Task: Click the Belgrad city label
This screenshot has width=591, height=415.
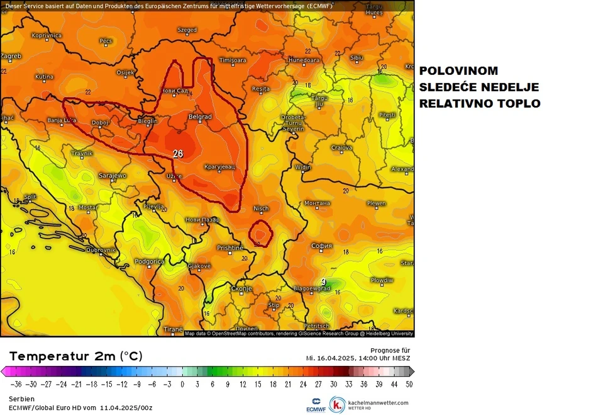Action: click(201, 117)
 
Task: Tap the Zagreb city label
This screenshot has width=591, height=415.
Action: click(11, 56)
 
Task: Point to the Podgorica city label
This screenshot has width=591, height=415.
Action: click(150, 261)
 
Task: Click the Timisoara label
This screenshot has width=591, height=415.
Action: click(232, 60)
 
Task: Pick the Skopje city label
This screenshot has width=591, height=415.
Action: click(241, 288)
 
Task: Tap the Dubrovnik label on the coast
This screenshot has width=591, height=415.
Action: click(101, 249)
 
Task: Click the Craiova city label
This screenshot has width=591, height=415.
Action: click(341, 147)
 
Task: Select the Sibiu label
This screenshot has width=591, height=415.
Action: click(356, 57)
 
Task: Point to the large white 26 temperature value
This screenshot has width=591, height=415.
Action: click(178, 154)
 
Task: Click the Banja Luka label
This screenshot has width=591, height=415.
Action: click(62, 120)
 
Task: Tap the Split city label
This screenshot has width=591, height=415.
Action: click(30, 196)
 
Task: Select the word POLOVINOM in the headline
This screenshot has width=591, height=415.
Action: click(458, 71)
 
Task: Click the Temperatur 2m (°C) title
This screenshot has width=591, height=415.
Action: click(76, 356)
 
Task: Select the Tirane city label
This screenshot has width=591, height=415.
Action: click(173, 329)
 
